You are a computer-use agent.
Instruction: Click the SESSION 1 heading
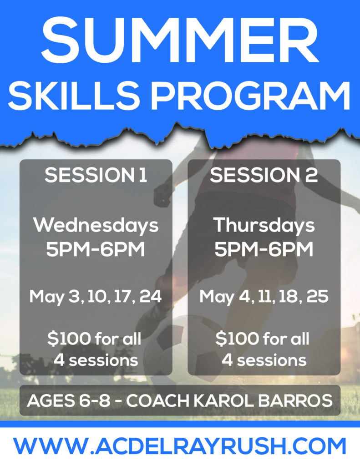[x=96, y=175]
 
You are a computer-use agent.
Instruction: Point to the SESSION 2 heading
[x=264, y=175]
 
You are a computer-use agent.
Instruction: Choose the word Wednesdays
[x=96, y=225]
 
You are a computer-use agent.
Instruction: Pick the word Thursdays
[x=264, y=225]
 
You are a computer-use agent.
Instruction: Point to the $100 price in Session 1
[x=69, y=339]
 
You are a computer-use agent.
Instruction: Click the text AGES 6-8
[x=68, y=400]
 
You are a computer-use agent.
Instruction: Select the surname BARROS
[x=295, y=400]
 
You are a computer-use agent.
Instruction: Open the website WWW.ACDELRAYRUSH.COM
[x=180, y=446]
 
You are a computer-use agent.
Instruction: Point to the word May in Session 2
[x=217, y=297]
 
